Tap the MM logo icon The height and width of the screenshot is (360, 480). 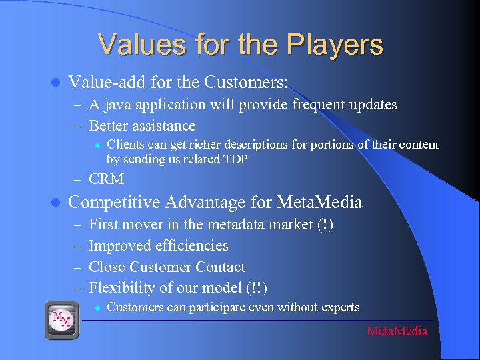pyautogui.click(x=62, y=320)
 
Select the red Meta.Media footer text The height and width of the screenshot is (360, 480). pyautogui.click(x=397, y=331)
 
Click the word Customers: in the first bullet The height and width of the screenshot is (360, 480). pyautogui.click(x=248, y=83)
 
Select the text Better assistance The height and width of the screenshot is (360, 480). pyautogui.click(x=142, y=126)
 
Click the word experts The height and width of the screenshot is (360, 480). pyautogui.click(x=340, y=307)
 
